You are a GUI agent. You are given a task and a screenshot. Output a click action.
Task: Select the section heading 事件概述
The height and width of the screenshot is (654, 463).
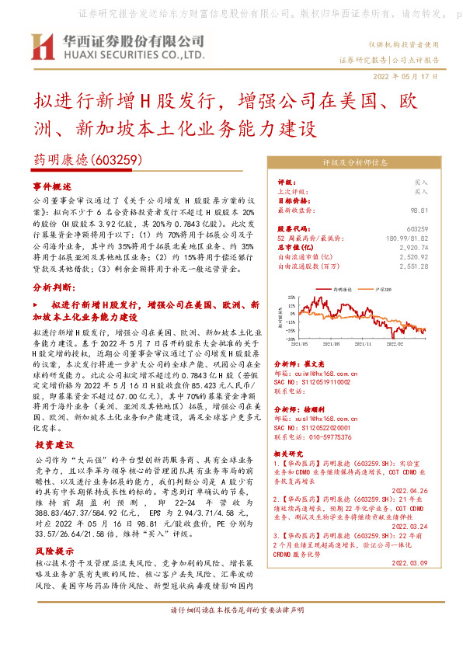52,187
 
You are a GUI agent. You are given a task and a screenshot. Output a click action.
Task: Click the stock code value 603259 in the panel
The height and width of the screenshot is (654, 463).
417,228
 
